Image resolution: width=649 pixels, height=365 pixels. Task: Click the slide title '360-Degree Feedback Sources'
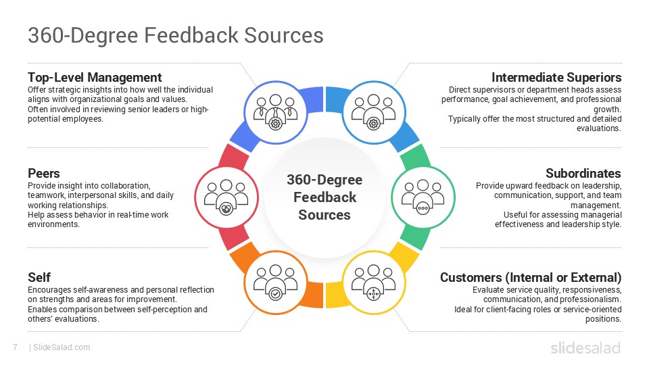[x=176, y=35]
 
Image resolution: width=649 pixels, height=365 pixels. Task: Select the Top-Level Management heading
[x=95, y=77]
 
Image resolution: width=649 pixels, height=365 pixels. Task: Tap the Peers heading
[x=44, y=173]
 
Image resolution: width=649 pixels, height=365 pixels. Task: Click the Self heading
[x=39, y=278]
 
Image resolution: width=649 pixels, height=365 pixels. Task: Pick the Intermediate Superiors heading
[x=556, y=77]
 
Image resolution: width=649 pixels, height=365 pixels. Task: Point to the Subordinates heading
[x=583, y=173]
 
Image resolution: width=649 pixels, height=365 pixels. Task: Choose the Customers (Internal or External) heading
[x=530, y=278]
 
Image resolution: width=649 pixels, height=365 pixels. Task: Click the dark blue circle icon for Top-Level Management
[x=274, y=112]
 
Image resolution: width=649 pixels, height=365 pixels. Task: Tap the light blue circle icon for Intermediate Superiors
[x=373, y=112]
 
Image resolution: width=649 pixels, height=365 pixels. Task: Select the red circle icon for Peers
[x=225, y=196]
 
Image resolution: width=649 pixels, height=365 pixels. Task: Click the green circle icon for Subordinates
[x=423, y=196]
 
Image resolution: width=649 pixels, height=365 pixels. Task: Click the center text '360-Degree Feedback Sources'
[x=324, y=197]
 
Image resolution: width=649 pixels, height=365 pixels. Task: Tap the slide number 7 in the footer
[x=15, y=347]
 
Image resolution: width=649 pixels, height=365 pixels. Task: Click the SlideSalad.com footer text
[x=61, y=347]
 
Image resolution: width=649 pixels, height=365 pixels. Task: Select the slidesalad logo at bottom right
[x=585, y=347]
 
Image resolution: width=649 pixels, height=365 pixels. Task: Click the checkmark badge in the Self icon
[x=274, y=294]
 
